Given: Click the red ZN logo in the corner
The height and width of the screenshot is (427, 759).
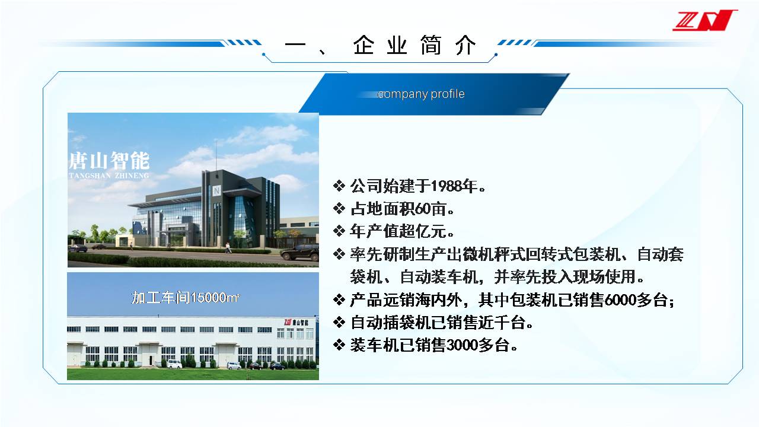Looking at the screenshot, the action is pos(705,20).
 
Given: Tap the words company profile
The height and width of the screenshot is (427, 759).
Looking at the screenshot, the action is pos(421,94).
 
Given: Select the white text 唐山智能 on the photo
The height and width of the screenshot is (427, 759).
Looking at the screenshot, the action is pos(109,161).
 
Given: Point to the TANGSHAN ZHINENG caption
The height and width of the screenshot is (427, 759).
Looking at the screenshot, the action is pos(109,176).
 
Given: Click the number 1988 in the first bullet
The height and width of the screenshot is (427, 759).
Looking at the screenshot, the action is pos(447,186).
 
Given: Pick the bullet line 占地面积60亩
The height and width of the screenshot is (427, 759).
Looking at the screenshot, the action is pos(402,209).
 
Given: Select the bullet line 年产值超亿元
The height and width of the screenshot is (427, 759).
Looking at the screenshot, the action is pos(402,231).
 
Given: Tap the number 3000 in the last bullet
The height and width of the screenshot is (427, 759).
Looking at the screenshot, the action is pos(462,345).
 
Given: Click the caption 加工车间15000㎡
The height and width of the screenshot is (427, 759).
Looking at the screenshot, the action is pos(186,298).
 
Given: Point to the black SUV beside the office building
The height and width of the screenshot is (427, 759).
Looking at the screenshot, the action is pos(299,252).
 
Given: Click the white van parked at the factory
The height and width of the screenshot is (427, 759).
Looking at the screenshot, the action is pos(175,364).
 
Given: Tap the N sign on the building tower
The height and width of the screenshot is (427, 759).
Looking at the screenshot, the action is pos(216,190).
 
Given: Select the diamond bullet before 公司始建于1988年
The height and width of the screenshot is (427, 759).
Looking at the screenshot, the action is pos(339,186).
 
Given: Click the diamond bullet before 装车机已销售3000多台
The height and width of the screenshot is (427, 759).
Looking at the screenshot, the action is pos(339,345).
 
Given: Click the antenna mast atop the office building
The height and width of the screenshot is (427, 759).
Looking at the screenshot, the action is pos(216,157).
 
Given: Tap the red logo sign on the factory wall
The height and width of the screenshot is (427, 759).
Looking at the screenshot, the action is pos(288,322).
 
